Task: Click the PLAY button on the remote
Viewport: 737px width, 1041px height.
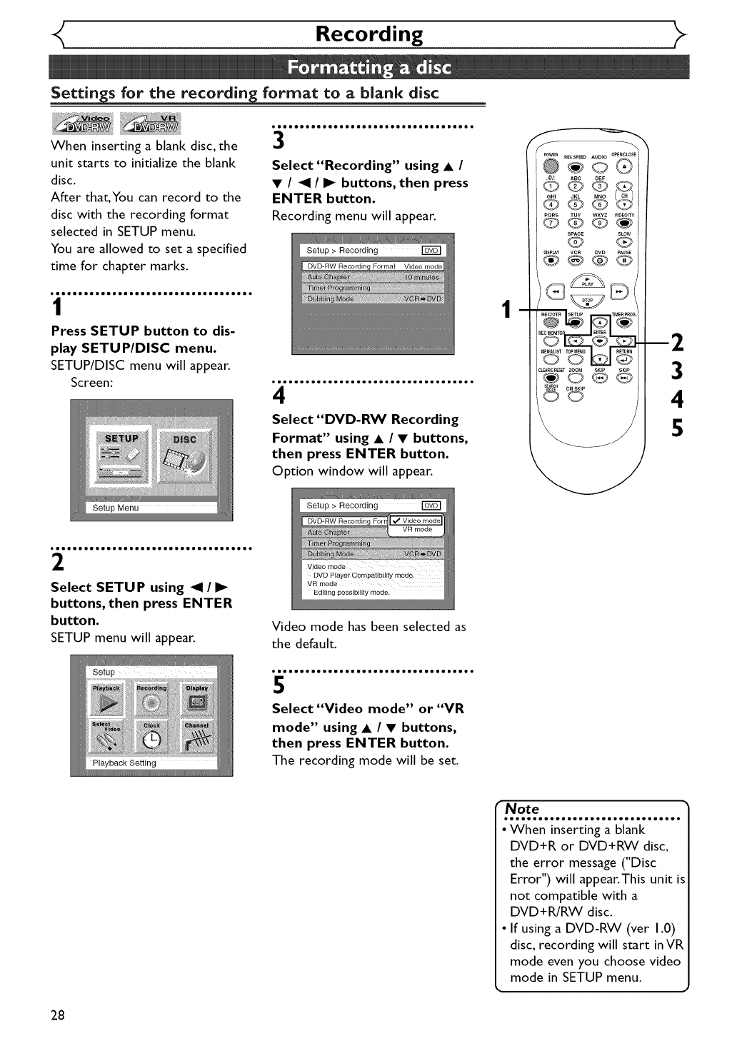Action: click(x=588, y=281)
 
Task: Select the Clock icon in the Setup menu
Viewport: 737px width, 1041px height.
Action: click(x=152, y=738)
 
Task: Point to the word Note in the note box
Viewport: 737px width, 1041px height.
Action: click(x=522, y=809)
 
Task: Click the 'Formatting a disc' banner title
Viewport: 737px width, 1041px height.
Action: click(x=369, y=69)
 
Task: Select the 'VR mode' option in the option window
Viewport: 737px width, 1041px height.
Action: click(x=417, y=530)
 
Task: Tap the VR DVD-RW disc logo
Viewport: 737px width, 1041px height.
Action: click(x=153, y=124)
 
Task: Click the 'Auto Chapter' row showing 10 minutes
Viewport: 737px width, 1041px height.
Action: click(x=373, y=277)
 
